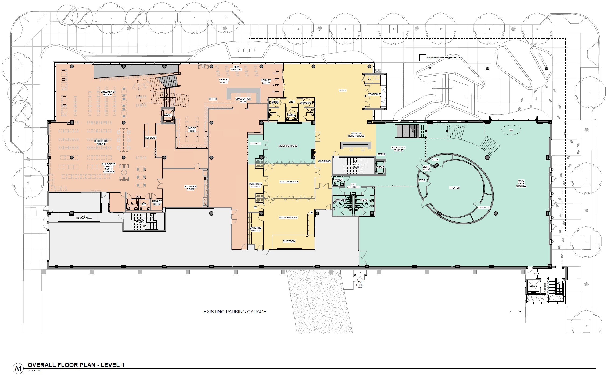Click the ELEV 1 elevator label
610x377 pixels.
coord(168,115)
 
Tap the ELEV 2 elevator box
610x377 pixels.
coord(380,167)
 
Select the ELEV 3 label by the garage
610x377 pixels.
coord(533,286)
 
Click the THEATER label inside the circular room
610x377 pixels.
coord(454,188)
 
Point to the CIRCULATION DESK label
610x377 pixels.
coord(243,100)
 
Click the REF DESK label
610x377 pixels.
coord(150,138)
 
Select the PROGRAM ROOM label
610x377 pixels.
coord(190,188)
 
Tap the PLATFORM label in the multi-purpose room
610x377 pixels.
coord(289,241)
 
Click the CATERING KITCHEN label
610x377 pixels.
coord(256,229)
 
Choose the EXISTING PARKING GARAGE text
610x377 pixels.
coord(235,312)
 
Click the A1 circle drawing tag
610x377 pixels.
coord(18,368)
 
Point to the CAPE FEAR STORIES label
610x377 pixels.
coord(521,183)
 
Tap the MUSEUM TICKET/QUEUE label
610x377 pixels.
coord(356,135)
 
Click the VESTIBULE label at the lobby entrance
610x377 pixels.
coord(374,94)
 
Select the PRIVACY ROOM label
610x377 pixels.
coord(157,203)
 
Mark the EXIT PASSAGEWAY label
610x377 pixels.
coord(84,217)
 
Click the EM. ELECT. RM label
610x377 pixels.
coord(360,285)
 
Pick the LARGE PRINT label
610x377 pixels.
coord(192,129)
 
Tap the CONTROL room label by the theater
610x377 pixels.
coord(484,207)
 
